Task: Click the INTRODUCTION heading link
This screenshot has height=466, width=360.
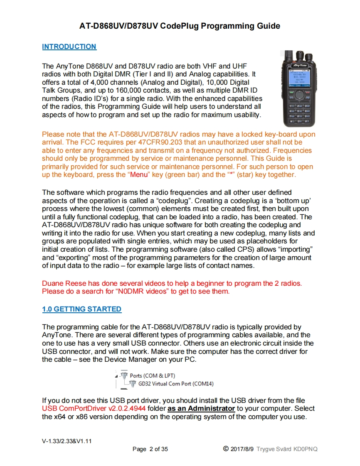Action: pos(69,47)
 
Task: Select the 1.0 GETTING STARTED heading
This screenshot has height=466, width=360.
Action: pos(81,309)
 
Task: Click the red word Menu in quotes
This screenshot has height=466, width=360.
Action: pos(139,174)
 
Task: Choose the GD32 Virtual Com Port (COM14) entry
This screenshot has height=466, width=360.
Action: pos(176,383)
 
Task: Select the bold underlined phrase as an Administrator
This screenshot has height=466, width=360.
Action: pos(201,409)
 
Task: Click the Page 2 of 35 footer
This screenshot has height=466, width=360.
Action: pos(150,449)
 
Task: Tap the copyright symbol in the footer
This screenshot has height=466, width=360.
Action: pos(226,449)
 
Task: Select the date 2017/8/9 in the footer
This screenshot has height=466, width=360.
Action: pos(243,449)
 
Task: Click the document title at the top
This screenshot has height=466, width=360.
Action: pos(180,26)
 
